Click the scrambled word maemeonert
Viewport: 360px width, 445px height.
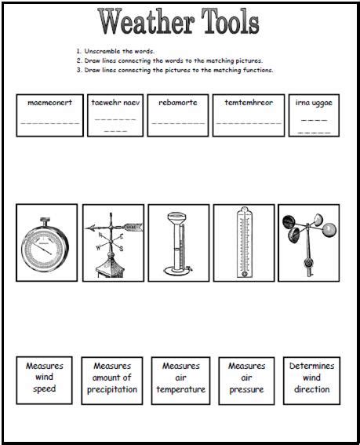pos(49,103)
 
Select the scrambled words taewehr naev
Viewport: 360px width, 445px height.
pos(115,103)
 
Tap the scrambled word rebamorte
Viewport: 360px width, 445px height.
pos(178,103)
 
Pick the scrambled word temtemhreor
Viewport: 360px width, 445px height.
pos(249,103)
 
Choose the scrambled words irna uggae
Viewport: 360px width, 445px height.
pos(314,103)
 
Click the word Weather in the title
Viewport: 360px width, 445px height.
pos(146,21)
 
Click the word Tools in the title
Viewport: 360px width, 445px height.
pos(230,21)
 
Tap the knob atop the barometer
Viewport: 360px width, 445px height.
pos(45,220)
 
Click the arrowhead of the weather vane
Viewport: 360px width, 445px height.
pos(90,228)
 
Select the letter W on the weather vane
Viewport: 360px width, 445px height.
pos(98,248)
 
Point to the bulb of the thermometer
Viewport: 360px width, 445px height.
pos(244,274)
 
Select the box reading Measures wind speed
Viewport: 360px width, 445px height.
pos(44,381)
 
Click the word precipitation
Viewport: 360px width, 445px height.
pos(112,389)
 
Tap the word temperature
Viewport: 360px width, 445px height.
pos(181,389)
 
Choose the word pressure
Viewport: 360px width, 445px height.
pos(246,390)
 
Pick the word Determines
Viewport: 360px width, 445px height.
pos(312,366)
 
